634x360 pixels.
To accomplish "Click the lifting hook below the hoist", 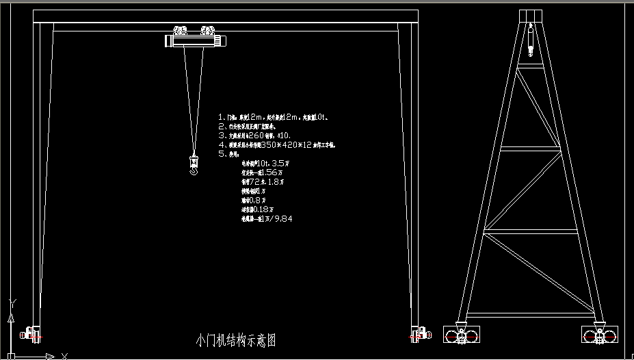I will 194,167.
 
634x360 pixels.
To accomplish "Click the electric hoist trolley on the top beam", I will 196,37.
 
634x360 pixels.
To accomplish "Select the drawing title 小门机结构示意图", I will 236,340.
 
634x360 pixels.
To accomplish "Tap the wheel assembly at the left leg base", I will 32,333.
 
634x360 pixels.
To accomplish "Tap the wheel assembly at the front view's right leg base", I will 419,333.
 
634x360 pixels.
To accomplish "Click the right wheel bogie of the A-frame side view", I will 600,335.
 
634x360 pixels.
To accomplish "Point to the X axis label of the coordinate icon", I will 64,355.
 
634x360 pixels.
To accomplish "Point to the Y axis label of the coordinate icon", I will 13,302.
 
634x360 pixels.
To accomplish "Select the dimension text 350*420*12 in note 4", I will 287,145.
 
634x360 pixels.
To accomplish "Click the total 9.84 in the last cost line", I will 282,219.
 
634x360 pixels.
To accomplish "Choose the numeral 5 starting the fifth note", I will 221,155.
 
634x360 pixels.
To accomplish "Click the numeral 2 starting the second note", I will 221,127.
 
